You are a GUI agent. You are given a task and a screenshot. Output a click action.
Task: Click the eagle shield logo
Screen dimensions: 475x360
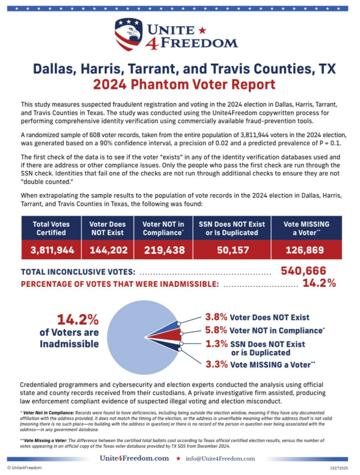point(128,34)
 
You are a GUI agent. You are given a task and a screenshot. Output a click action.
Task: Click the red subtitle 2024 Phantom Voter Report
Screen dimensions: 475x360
point(184,85)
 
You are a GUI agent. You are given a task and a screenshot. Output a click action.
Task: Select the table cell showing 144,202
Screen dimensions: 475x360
point(107,250)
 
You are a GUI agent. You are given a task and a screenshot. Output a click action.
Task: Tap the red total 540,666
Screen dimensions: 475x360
point(304,270)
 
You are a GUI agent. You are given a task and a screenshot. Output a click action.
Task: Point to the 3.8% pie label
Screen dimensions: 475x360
point(216,317)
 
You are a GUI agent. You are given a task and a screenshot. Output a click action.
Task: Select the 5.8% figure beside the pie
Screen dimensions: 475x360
point(216,331)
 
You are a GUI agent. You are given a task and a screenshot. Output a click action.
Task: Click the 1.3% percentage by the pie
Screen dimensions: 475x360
point(216,344)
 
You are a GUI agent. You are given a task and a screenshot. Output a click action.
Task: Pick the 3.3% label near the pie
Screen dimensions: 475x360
point(216,364)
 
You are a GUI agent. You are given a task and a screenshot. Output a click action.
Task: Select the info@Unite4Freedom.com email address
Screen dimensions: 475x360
point(221,458)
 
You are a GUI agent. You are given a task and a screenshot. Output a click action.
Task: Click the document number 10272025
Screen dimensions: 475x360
point(339,468)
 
